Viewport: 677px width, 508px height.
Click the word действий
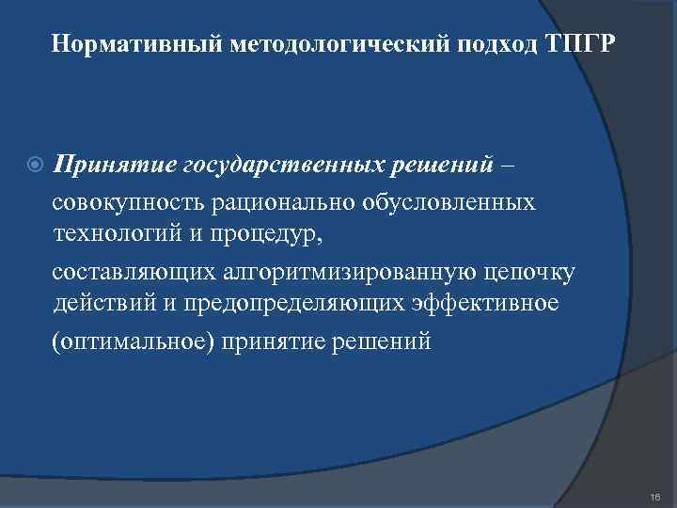coord(102,304)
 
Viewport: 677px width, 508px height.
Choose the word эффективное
coord(490,304)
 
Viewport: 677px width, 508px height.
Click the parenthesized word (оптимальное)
coord(134,340)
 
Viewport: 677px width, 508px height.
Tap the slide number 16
coord(654,494)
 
